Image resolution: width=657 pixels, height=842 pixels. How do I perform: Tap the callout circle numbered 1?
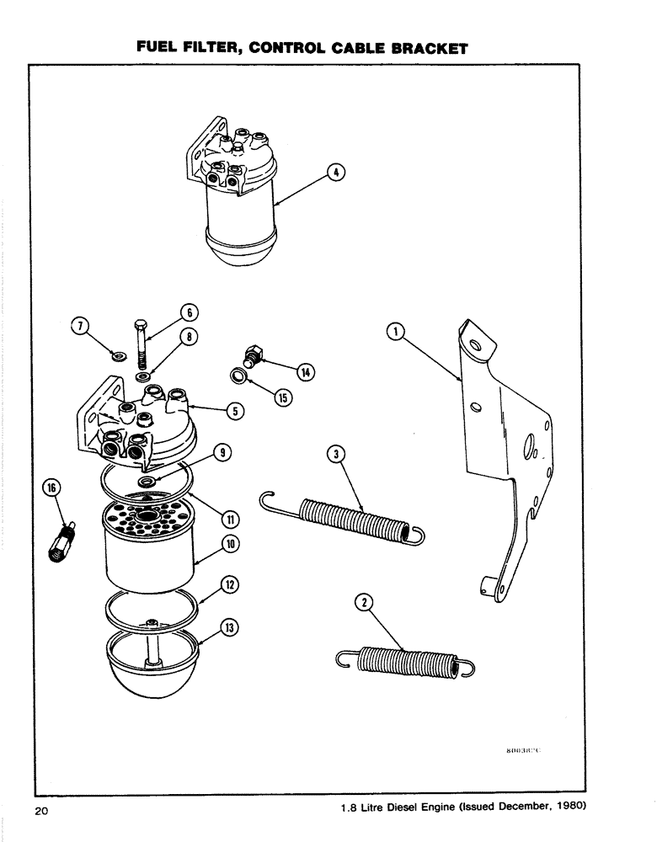pyautogui.click(x=393, y=333)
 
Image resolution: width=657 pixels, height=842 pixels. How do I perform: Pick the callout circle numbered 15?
pyautogui.click(x=283, y=398)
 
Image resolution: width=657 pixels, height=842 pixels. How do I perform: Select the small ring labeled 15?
pyautogui.click(x=241, y=376)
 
